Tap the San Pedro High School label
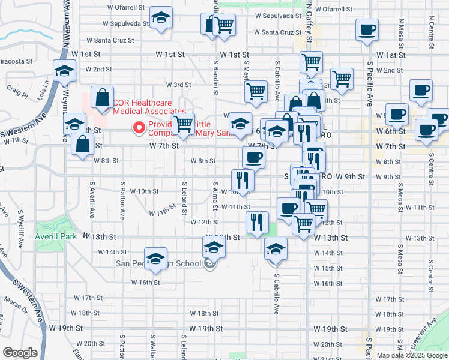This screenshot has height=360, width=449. tap(158, 264)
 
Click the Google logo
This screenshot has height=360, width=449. tap(20, 352)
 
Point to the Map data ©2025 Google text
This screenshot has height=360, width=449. tap(411, 355)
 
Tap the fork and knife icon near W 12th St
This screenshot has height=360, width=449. tap(258, 222)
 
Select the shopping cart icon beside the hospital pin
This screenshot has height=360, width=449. tap(184, 124)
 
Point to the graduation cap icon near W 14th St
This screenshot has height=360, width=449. tap(276, 248)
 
